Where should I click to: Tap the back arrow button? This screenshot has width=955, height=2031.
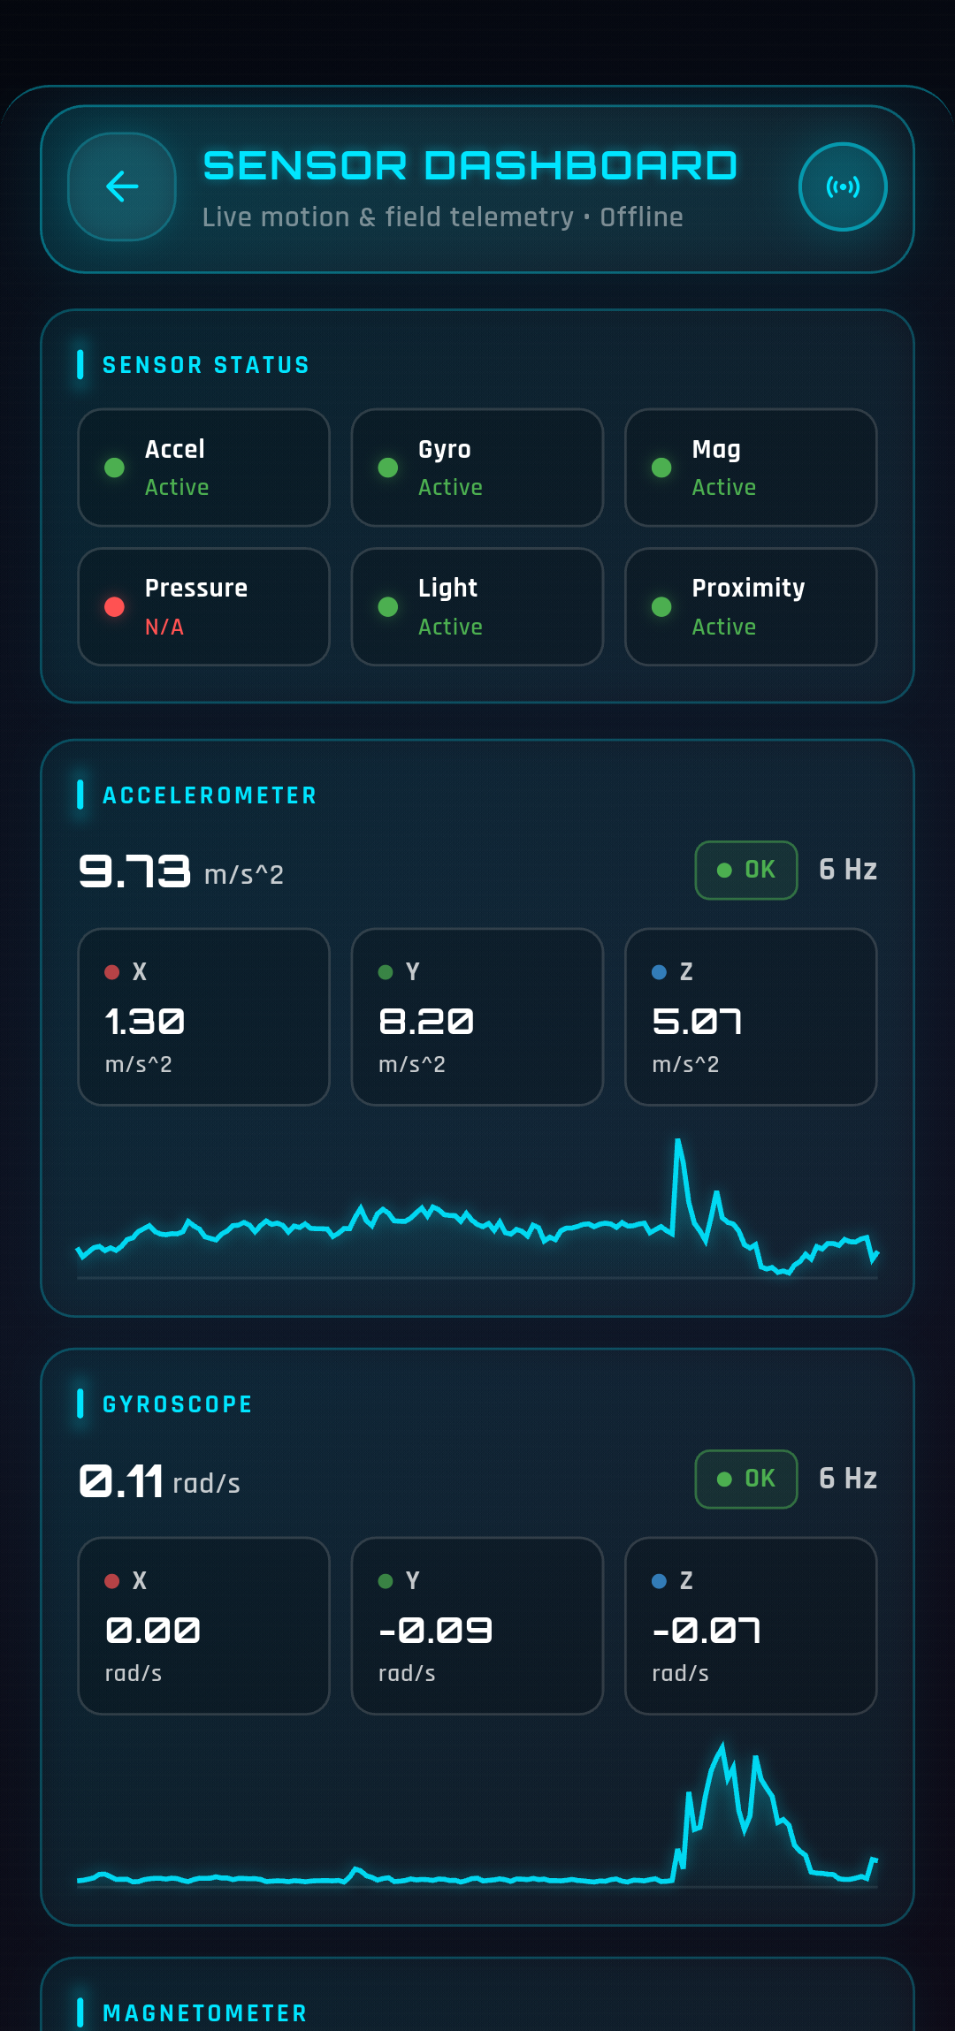click(122, 186)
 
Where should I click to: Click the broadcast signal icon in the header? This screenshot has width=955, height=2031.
click(843, 186)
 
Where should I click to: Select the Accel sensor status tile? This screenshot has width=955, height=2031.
click(203, 468)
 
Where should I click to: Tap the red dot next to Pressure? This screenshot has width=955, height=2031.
click(114, 606)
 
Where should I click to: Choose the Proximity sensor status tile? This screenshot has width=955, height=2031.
click(750, 606)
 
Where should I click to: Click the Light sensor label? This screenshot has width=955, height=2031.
click(447, 588)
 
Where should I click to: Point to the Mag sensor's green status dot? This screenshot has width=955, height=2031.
click(661, 468)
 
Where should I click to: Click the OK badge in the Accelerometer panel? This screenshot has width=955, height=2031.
click(746, 870)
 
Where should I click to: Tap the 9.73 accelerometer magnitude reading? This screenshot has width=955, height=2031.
click(134, 871)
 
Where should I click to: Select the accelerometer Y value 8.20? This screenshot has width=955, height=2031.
click(426, 1022)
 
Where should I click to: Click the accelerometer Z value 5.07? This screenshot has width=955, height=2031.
click(697, 1022)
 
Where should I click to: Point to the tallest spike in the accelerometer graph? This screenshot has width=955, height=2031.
click(678, 1143)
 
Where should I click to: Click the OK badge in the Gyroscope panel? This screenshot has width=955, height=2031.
click(746, 1479)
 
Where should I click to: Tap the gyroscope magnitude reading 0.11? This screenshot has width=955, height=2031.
click(122, 1481)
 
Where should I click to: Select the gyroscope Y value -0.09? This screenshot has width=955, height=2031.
click(435, 1631)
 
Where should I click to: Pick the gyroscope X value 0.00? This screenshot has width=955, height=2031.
click(153, 1631)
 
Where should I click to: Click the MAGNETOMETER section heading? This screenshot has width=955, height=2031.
click(205, 2013)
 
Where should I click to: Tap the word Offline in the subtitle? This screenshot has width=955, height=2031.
click(641, 217)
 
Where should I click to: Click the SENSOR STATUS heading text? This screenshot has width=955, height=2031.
click(206, 365)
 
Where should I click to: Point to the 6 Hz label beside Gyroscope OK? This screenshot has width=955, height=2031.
click(847, 1479)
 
